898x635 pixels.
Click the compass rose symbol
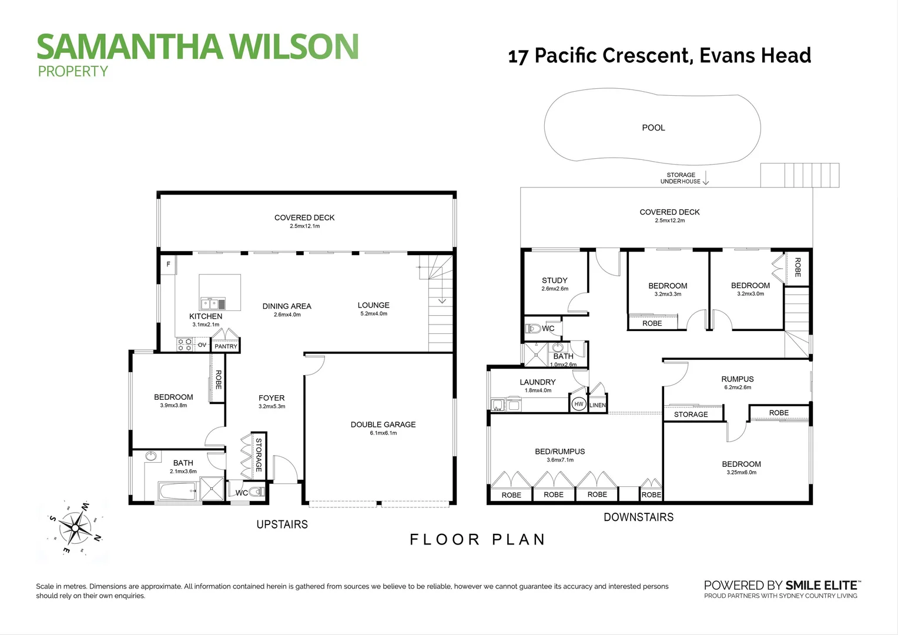pos(75,528)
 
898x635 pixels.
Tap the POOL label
pos(654,128)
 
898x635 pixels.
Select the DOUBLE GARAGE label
pos(383,425)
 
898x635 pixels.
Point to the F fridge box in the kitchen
pos(168,265)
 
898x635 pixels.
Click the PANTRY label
pos(226,346)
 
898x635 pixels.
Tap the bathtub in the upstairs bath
pos(178,492)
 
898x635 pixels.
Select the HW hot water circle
pos(578,404)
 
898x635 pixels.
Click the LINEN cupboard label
pos(597,405)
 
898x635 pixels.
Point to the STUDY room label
pos(554,280)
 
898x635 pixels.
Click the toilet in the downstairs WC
pos(533,329)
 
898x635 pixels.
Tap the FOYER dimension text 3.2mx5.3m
pos(272,406)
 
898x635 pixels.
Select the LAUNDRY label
pos(538,382)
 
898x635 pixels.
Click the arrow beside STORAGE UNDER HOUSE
pos(706,178)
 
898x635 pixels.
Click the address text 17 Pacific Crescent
pos(601,56)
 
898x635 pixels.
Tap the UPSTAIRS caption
pos(282,524)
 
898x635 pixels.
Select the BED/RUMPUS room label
pos(559,452)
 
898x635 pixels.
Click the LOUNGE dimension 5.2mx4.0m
pos(374,314)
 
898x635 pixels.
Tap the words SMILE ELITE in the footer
pos(821,585)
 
